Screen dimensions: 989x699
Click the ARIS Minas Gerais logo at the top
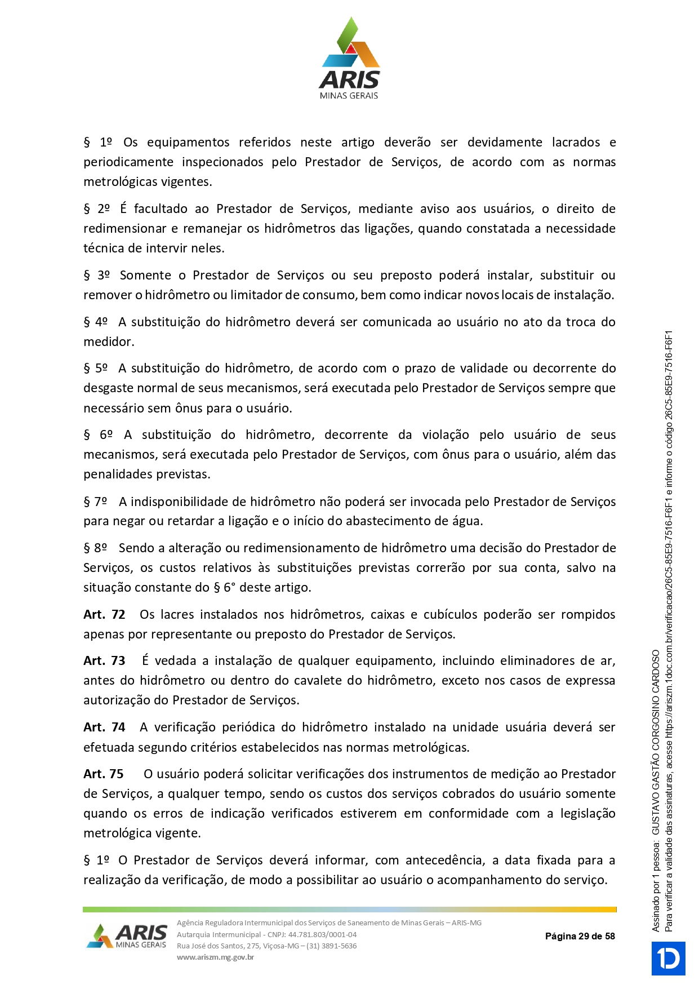349,59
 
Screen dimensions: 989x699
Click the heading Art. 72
104,614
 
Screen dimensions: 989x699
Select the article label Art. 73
104,660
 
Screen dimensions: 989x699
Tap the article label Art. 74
104,727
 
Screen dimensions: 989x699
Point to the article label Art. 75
104,774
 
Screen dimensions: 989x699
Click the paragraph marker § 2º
97,209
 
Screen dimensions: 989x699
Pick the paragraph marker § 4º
96,322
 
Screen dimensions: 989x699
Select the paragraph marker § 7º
96,502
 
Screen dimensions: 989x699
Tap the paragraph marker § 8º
96,548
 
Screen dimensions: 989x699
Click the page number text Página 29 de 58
580,936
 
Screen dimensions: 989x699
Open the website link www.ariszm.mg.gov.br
215,957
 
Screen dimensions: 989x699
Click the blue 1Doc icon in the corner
668,958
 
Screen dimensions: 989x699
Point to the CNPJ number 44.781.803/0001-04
322,934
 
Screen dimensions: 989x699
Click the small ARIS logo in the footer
127,936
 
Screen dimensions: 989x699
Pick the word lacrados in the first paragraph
576,142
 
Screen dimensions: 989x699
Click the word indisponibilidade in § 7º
180,502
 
